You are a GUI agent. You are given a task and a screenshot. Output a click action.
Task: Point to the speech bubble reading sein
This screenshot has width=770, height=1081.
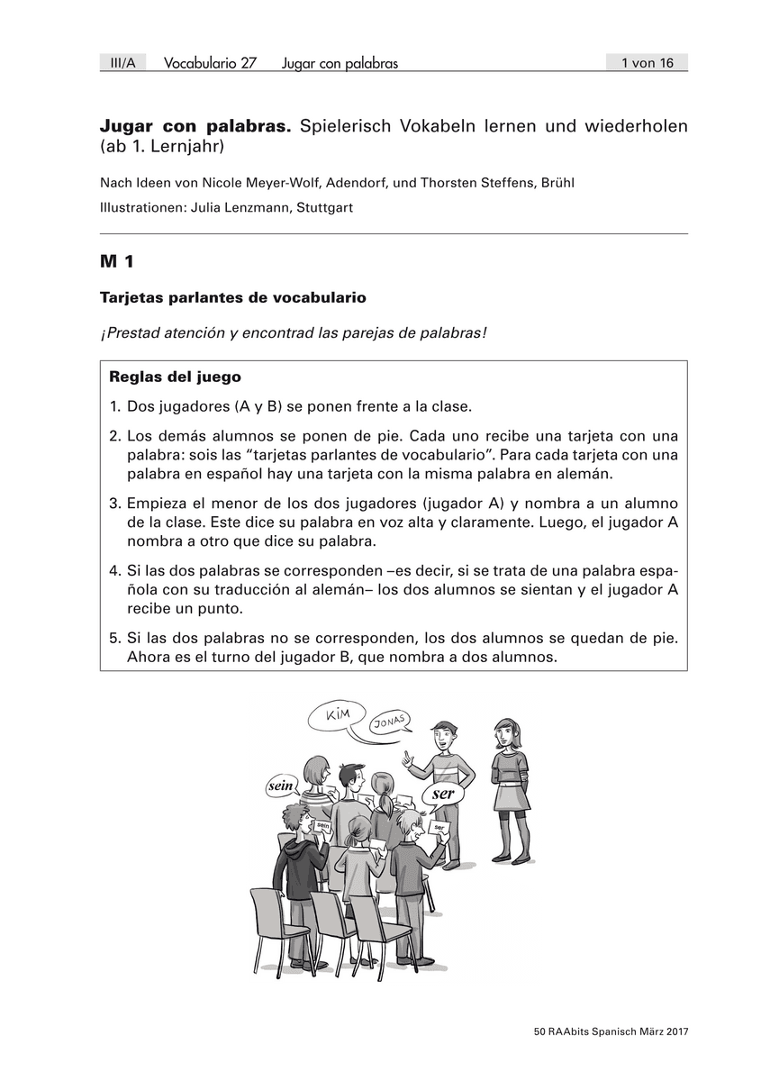pyautogui.click(x=281, y=786)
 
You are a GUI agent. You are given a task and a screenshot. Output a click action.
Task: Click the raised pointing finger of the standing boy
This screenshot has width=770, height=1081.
pyautogui.click(x=406, y=753)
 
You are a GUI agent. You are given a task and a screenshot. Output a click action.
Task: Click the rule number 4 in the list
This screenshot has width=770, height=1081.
pyautogui.click(x=114, y=571)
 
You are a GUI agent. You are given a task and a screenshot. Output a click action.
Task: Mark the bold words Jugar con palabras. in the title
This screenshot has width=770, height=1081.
pyautogui.click(x=195, y=127)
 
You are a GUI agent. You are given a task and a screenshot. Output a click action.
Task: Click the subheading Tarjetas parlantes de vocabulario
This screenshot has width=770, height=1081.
pyautogui.click(x=233, y=296)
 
